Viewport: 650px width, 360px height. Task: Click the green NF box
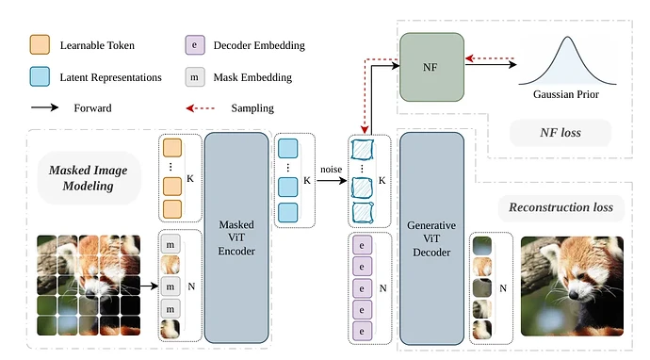point(431,67)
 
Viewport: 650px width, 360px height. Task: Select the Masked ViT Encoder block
point(236,237)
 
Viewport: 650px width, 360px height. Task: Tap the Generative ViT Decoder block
point(431,238)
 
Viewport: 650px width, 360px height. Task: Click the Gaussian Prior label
point(566,94)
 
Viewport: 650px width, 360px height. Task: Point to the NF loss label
point(561,133)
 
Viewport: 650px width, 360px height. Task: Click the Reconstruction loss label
point(561,207)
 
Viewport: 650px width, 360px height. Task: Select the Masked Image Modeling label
point(88,178)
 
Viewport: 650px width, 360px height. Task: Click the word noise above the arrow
point(331,170)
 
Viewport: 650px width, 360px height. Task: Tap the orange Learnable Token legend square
point(40,45)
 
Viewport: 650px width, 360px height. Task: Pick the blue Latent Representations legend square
point(40,76)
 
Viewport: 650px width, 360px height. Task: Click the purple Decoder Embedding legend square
point(195,45)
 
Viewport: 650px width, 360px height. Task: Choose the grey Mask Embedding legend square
point(195,77)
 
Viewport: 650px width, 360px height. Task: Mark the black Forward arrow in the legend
point(45,107)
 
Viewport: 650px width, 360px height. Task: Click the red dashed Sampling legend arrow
point(201,108)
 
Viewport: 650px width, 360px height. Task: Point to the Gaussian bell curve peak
point(567,38)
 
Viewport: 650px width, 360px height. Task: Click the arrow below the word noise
point(332,180)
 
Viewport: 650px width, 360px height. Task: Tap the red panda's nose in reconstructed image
point(574,295)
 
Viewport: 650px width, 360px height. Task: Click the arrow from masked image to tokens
point(149,286)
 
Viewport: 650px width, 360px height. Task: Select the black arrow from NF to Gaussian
point(491,64)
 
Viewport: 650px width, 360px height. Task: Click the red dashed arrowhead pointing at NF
point(469,58)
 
